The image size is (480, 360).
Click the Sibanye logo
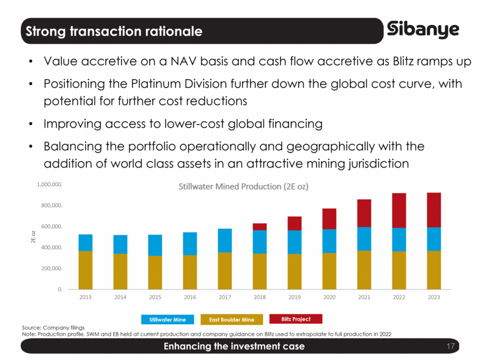pyautogui.click(x=423, y=30)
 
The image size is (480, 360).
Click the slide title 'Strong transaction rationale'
pyautogui.click(x=113, y=31)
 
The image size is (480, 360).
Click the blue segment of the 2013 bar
pyautogui.click(x=86, y=243)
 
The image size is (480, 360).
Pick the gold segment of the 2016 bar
pyautogui.click(x=190, y=272)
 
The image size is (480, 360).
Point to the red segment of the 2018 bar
pyautogui.click(x=260, y=227)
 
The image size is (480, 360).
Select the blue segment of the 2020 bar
pyautogui.click(x=330, y=241)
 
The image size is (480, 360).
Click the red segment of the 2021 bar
pyautogui.click(x=364, y=213)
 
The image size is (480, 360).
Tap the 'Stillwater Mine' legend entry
pyautogui.click(x=168, y=320)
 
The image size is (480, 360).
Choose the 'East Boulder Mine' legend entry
pyautogui.click(x=231, y=320)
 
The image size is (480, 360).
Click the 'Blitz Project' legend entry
pyautogui.click(x=295, y=319)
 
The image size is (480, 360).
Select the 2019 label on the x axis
pyautogui.click(x=295, y=298)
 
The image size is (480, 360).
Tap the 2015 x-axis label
pyautogui.click(x=155, y=298)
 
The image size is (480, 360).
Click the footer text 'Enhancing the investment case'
pyautogui.click(x=234, y=347)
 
